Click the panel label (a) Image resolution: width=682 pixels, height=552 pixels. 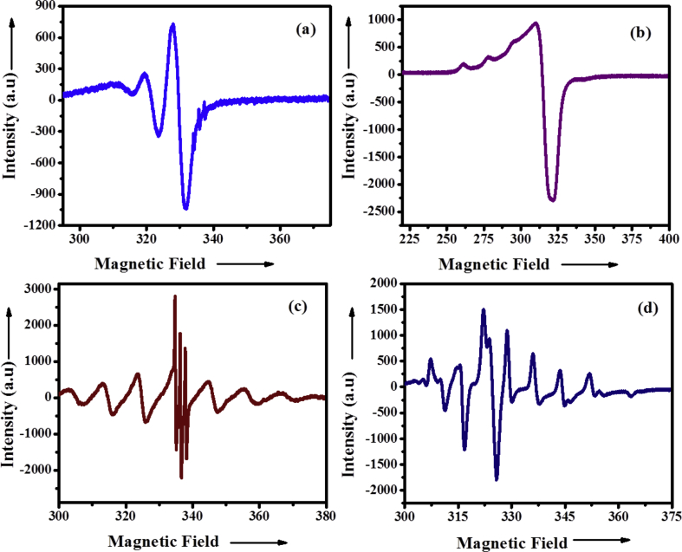coord(304,29)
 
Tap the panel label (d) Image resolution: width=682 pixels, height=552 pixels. coord(641,305)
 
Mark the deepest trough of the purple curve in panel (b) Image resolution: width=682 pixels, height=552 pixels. coord(552,200)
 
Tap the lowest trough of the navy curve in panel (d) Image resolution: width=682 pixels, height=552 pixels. coord(497,479)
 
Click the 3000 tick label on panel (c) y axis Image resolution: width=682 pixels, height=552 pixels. coord(38,289)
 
